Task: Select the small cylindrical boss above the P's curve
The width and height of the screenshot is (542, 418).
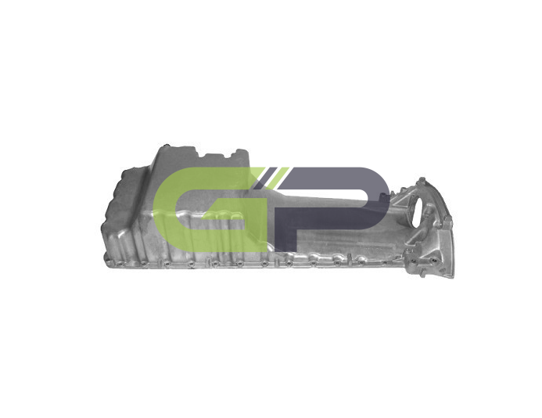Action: tap(383, 196)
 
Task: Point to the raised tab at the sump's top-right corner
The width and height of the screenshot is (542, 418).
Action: tap(241, 152)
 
